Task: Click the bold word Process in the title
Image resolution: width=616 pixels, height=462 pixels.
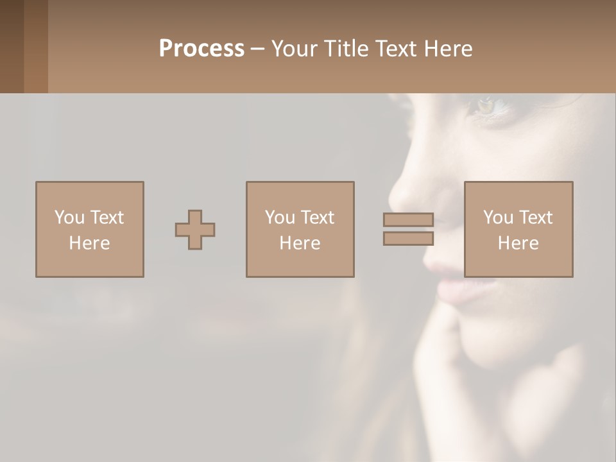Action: (201, 49)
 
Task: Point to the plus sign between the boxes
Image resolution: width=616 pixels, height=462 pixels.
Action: (195, 230)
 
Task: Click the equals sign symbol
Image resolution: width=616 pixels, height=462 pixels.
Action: (408, 229)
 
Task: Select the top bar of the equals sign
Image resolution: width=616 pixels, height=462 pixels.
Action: (408, 220)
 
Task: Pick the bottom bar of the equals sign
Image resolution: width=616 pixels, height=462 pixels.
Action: (408, 238)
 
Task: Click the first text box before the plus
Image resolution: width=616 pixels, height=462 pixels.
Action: (89, 230)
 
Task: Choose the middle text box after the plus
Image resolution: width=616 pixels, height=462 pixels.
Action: (300, 230)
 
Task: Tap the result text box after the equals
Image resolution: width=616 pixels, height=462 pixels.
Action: (518, 230)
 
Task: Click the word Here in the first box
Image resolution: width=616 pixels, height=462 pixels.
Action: (89, 243)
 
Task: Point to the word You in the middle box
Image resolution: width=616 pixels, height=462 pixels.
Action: (280, 218)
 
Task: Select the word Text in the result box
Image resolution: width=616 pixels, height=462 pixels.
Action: (535, 218)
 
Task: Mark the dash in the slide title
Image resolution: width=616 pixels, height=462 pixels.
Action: (257, 49)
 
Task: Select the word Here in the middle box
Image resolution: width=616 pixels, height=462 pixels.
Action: (300, 243)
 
